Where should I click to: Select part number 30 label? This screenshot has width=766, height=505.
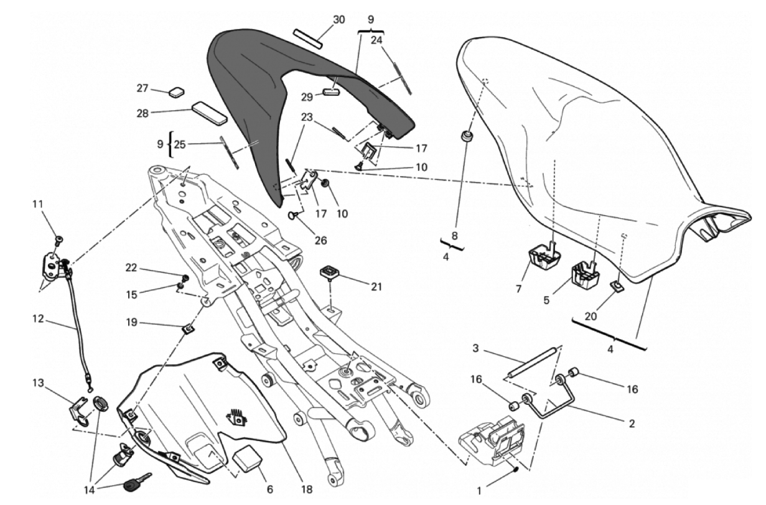pos(339,20)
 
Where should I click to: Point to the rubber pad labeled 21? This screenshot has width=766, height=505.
pos(329,272)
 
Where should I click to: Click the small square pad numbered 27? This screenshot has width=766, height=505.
pos(177,92)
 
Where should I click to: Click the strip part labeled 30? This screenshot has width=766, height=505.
pos(309,37)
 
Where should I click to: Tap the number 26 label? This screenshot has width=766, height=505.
pos(320,240)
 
